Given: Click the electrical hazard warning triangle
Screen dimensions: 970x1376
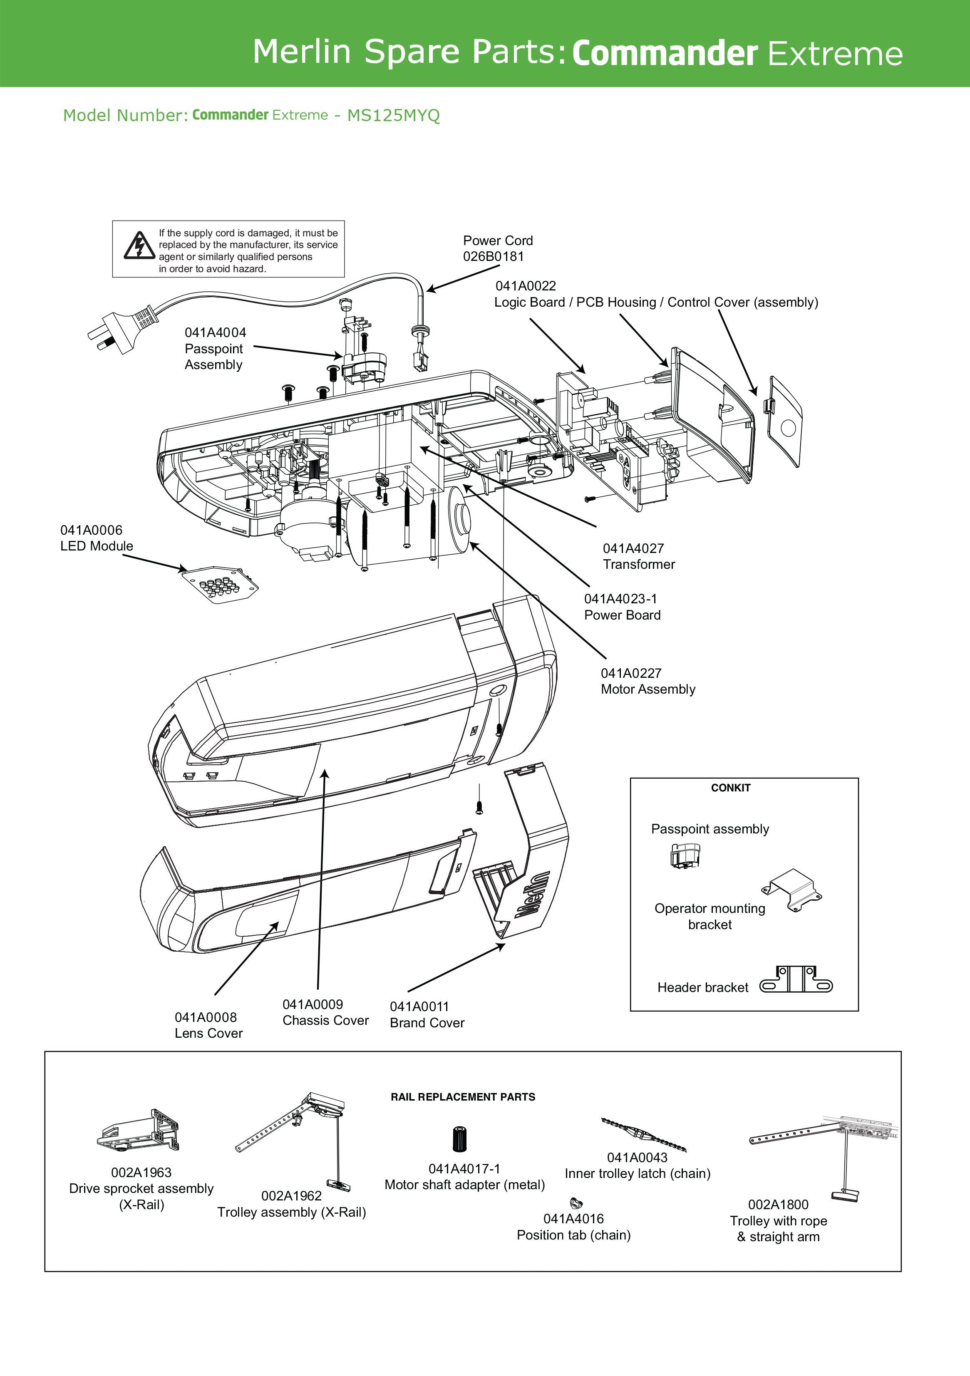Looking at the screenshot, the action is pyautogui.click(x=139, y=246).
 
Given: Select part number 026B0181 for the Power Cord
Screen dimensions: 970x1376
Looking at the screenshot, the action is pyautogui.click(x=494, y=256).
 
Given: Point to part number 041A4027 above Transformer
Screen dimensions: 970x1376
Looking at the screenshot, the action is pyautogui.click(x=633, y=548).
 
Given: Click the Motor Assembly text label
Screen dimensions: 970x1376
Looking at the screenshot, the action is pyautogui.click(x=648, y=689).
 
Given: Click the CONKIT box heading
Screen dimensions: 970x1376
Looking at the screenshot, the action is pyautogui.click(x=730, y=788).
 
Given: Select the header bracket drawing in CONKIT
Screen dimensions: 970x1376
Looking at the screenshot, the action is pyautogui.click(x=796, y=980).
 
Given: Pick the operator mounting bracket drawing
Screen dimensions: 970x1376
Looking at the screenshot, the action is pyautogui.click(x=791, y=890).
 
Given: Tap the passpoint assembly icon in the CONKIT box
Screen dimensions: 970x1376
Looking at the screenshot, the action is pyautogui.click(x=685, y=855).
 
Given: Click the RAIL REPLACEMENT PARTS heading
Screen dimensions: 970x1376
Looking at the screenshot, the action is pyautogui.click(x=463, y=1097).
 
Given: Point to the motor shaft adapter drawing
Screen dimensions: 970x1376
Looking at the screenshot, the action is pyautogui.click(x=460, y=1139).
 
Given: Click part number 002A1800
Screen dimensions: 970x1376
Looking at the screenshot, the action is pyautogui.click(x=778, y=1205).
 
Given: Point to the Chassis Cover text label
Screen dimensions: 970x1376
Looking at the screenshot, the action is pyautogui.click(x=325, y=1021).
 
